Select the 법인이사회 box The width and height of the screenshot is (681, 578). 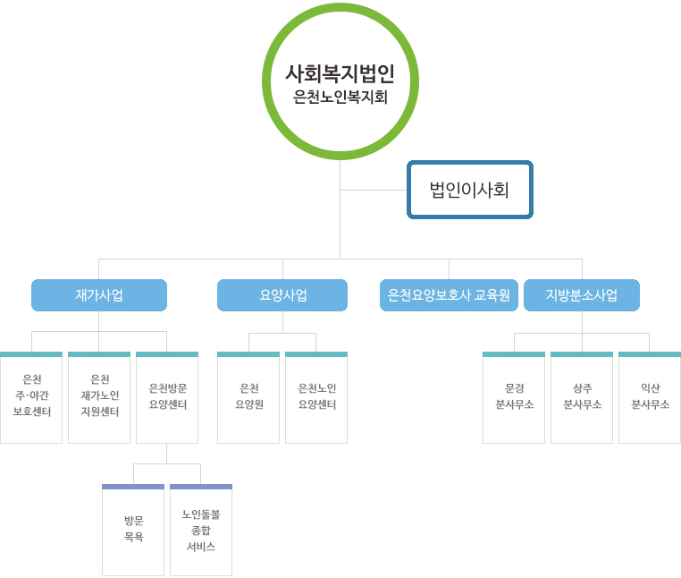(x=469, y=190)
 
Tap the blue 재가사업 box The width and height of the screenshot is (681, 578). (x=99, y=295)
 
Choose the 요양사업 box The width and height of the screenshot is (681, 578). (x=282, y=295)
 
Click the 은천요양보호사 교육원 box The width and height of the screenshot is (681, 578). (x=449, y=295)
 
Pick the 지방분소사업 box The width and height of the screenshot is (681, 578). (x=582, y=295)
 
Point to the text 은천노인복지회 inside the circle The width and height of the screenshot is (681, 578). (x=340, y=98)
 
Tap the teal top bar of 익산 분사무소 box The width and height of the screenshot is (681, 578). (x=650, y=354)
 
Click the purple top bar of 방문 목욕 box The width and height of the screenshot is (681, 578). (x=133, y=487)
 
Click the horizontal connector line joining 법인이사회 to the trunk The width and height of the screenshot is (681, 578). (x=374, y=190)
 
